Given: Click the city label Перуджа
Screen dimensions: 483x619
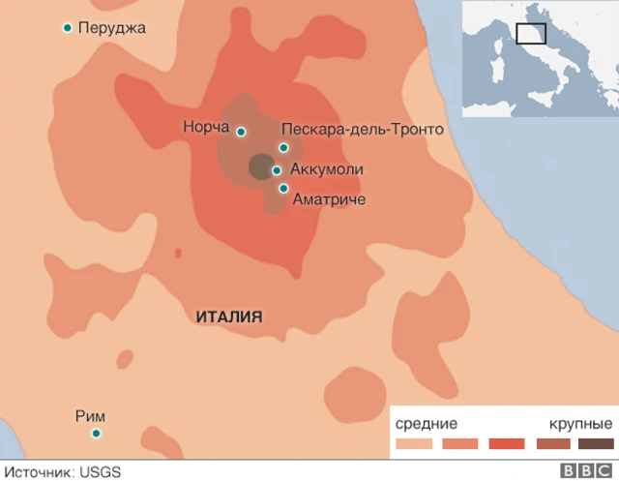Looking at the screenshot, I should [x=111, y=28].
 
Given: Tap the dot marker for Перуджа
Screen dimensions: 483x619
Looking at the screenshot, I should [x=67, y=28].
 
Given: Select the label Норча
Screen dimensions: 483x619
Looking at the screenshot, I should [x=205, y=127].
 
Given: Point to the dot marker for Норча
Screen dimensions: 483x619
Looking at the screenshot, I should [x=241, y=132].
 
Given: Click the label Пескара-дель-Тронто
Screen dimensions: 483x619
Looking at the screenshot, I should [x=362, y=130].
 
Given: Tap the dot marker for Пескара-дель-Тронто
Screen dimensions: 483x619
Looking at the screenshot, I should [x=283, y=148].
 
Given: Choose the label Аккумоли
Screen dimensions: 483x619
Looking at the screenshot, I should [x=326, y=169].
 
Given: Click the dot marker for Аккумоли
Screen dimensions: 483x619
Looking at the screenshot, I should [x=277, y=170].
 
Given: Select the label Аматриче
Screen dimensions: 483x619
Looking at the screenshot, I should [x=329, y=198].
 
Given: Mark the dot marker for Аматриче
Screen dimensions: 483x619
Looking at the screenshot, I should [x=283, y=189].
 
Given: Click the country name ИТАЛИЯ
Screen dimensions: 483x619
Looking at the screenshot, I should [x=229, y=317].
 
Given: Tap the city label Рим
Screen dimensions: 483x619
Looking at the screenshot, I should [x=90, y=416].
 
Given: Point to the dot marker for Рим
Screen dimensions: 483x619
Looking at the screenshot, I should [x=96, y=433].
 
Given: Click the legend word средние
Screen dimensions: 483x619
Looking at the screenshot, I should [x=426, y=424].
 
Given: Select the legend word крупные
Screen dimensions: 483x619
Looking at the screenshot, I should [x=580, y=424].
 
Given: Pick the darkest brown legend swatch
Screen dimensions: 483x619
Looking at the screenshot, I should [x=596, y=444].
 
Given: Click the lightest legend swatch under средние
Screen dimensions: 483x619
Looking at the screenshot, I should [x=413, y=444].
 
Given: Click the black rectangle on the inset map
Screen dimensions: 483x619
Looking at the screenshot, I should [x=531, y=33].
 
